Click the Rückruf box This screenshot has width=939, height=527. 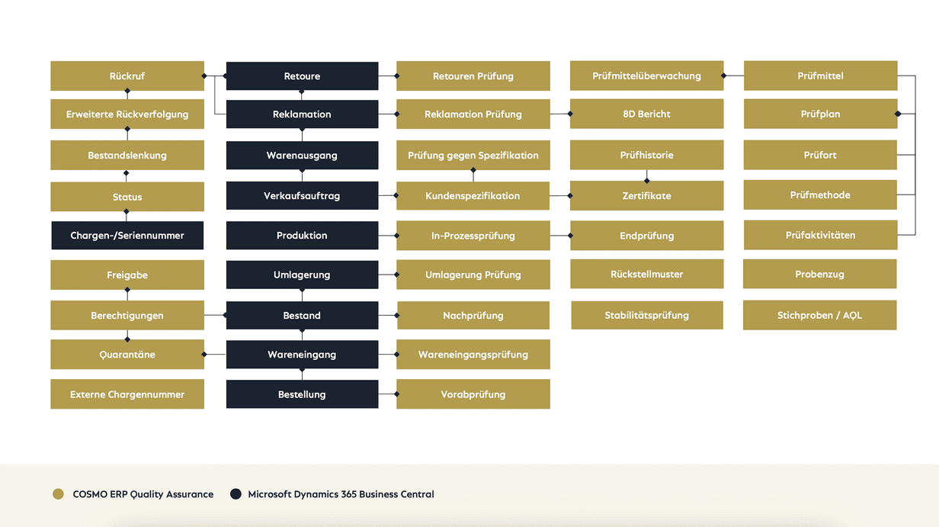coord(127,76)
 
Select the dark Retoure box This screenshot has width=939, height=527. coord(303,76)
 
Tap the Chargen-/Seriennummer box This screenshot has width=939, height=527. coord(127,236)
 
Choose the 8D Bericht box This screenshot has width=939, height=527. coord(647,114)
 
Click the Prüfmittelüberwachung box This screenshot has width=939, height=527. coord(647,76)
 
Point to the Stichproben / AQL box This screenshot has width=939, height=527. coord(820,315)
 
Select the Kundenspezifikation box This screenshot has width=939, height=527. coord(473,196)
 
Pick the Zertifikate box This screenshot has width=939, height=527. coord(647,196)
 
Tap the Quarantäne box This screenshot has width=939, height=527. coord(127,355)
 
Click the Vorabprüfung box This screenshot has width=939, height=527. coord(473,394)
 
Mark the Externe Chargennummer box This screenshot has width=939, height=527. coord(127,394)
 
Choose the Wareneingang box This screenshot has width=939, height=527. coord(303,355)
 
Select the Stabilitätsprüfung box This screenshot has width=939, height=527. coord(647,315)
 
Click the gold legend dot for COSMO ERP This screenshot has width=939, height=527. coord(58,494)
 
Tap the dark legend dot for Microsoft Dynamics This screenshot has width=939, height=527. coord(236,494)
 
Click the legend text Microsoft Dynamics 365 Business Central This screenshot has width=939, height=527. coord(341,494)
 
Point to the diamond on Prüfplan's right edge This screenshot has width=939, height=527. coord(898,114)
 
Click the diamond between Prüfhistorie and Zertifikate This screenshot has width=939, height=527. coord(647,181)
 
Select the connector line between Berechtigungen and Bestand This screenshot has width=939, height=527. coord(215,315)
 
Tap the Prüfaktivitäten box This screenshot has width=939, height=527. coord(821,235)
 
